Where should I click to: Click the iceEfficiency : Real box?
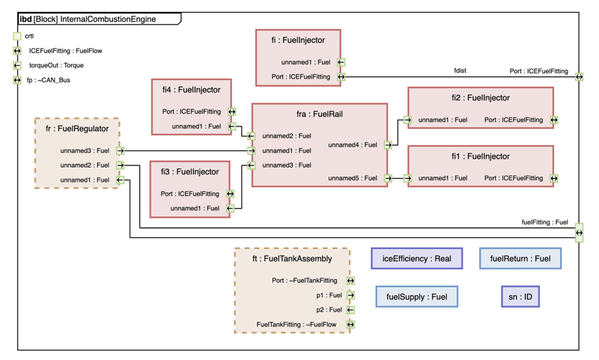point(416,259)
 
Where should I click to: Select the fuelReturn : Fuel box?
point(520,259)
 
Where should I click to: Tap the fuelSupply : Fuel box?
point(416,297)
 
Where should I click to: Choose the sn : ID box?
point(520,297)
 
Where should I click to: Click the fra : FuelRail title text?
point(320,115)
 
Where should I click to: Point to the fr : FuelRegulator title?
point(77,129)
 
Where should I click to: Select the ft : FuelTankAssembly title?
point(292,259)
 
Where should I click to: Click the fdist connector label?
point(460,70)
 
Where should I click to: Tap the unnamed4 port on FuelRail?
point(388,145)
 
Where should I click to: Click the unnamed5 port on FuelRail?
point(388,179)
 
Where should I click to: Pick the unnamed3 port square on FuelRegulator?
point(121,151)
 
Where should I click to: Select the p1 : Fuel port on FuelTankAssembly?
point(350,296)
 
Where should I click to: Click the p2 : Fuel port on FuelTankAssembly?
point(350,310)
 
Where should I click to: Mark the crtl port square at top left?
point(17,36)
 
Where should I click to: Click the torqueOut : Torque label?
point(56,66)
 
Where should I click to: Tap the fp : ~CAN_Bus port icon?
point(17,80)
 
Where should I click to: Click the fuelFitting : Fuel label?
point(544,222)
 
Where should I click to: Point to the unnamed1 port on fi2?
point(407,120)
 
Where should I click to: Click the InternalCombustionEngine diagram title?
point(108,19)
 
